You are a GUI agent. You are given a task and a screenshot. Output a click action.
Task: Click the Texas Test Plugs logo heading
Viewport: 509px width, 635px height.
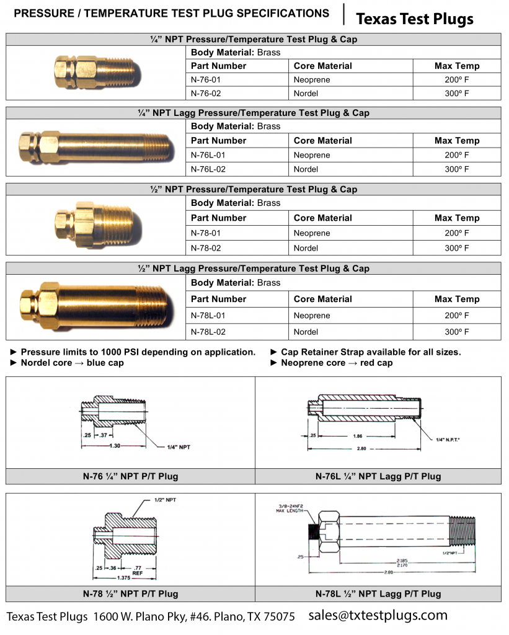[414, 19]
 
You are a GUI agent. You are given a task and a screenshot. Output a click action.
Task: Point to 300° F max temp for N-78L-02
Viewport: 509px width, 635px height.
[456, 332]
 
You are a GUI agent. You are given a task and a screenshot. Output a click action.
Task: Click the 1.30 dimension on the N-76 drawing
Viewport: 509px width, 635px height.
[115, 445]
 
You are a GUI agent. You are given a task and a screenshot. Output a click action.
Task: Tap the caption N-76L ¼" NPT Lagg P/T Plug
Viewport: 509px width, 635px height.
[378, 477]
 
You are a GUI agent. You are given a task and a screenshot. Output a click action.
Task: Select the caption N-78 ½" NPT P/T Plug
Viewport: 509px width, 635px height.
[130, 593]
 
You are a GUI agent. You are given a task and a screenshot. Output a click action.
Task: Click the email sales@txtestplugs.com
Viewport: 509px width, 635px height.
[378, 615]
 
